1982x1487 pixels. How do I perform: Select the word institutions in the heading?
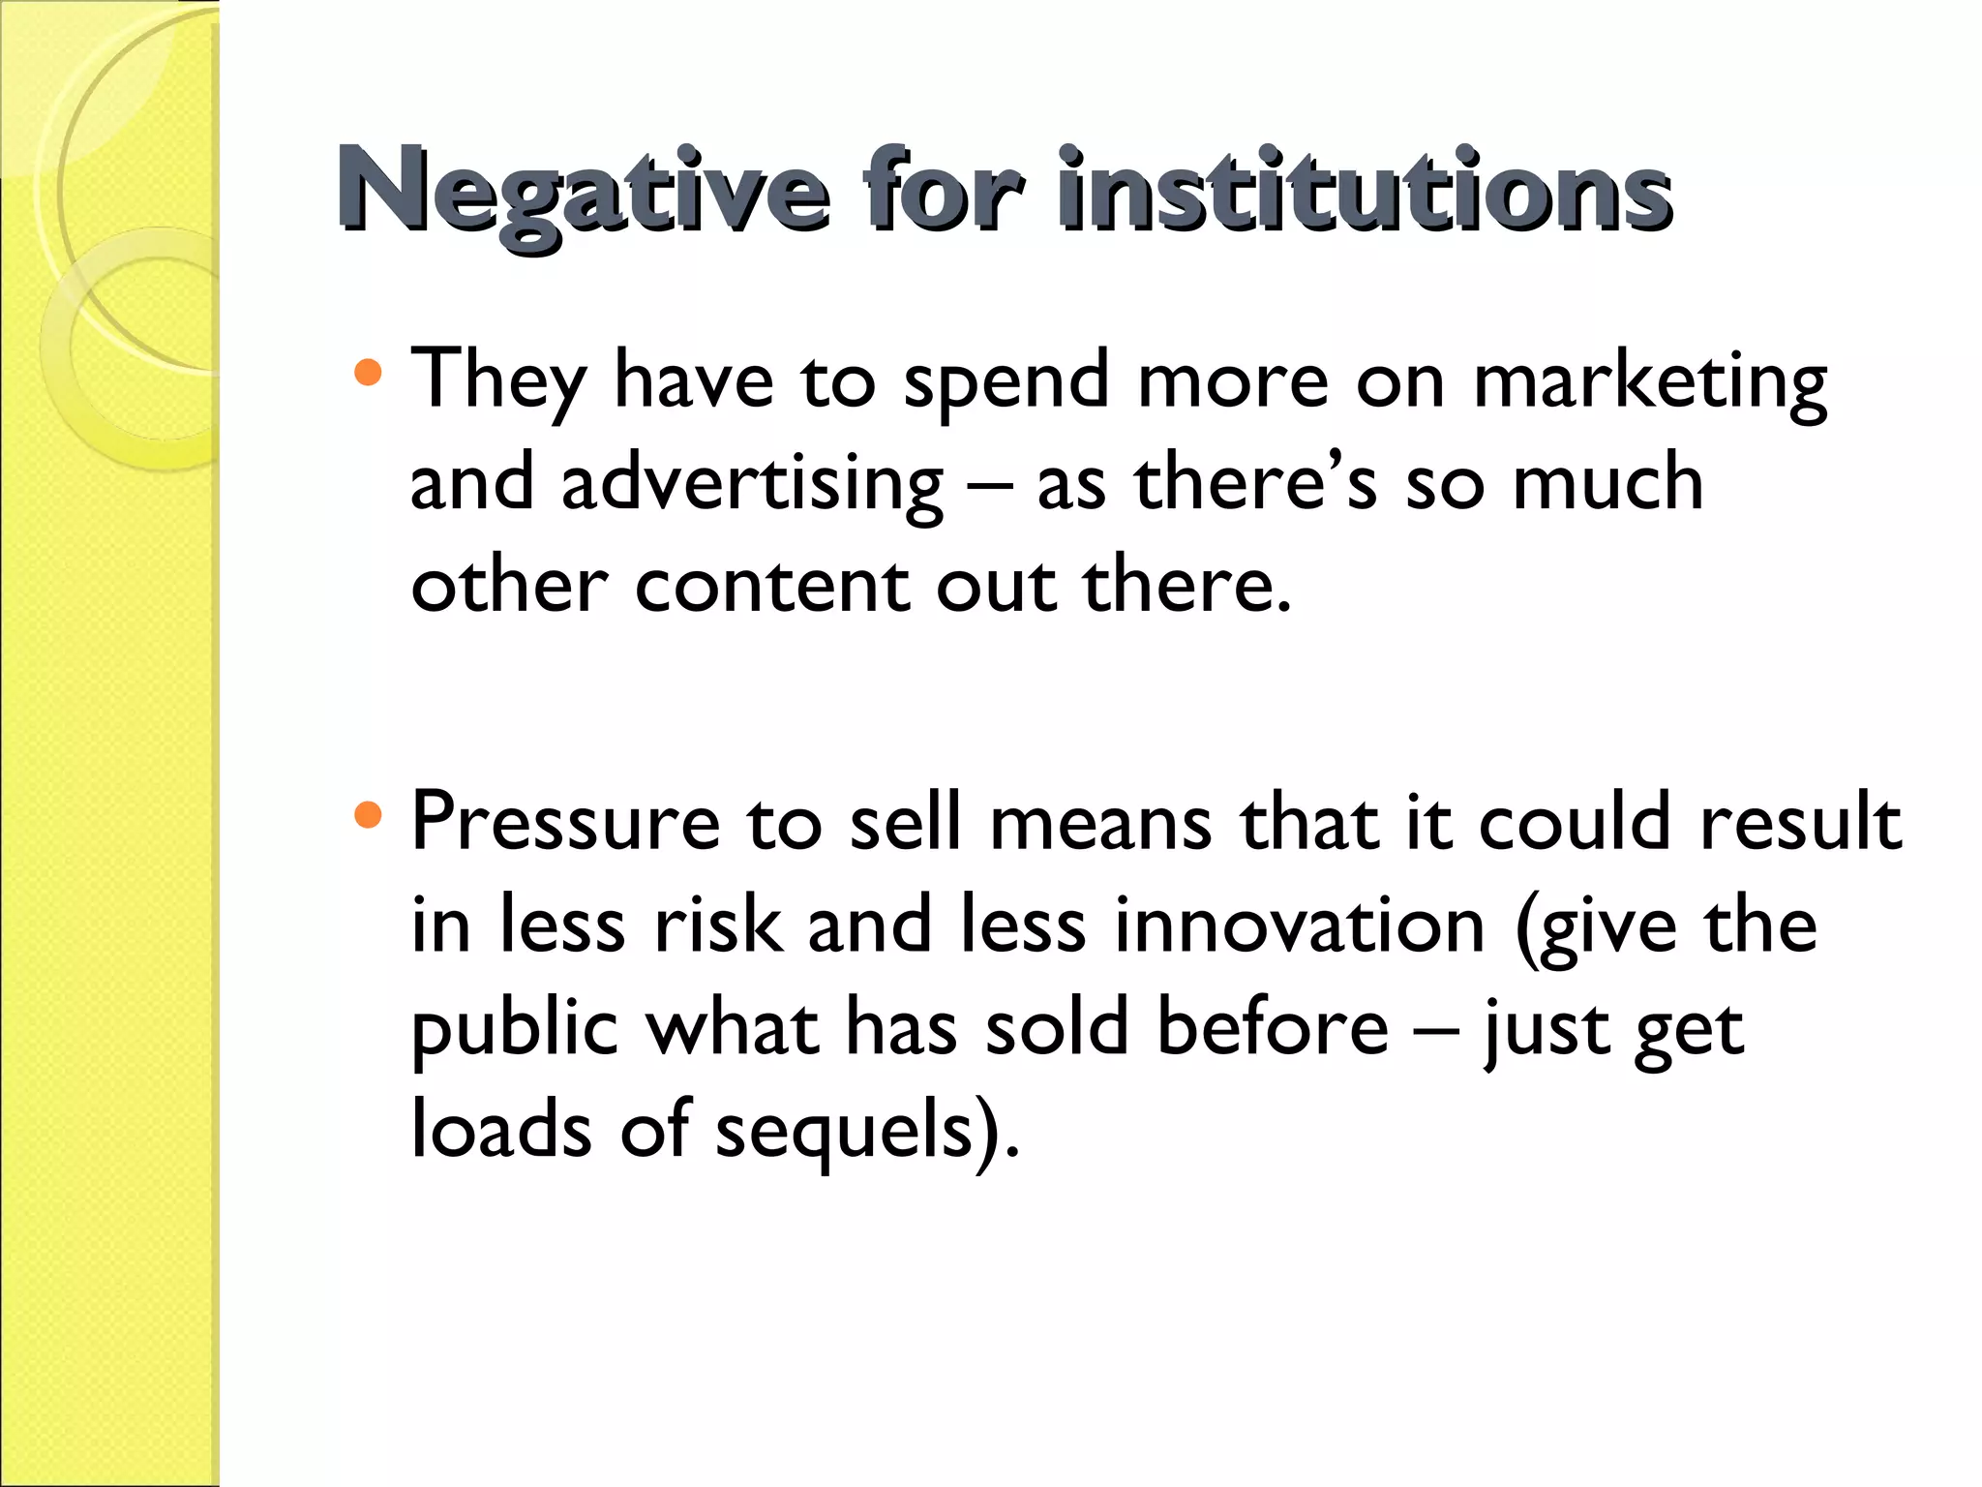pyautogui.click(x=1365, y=190)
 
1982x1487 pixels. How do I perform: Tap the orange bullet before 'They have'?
pyautogui.click(x=369, y=373)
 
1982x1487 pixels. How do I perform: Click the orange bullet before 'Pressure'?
pyautogui.click(x=369, y=814)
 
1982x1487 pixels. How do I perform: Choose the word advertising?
pyautogui.click(x=751, y=484)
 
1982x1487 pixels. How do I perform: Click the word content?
pyautogui.click(x=771, y=587)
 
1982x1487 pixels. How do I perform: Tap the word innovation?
pyautogui.click(x=1299, y=926)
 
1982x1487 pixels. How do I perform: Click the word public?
pyautogui.click(x=514, y=1028)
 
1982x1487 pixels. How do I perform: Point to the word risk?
pyautogui.click(x=717, y=926)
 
